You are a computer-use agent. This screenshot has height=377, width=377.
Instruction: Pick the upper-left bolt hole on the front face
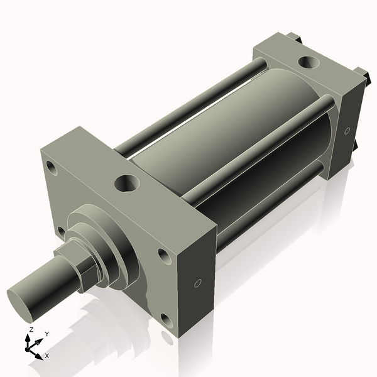[52, 168]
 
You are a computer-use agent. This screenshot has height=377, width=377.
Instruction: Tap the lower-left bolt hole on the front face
[61, 232]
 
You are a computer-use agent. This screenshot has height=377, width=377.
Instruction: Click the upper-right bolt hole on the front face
[163, 256]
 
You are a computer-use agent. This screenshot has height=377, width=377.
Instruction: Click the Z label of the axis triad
[31, 329]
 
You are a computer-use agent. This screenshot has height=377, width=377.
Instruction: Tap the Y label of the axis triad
[47, 334]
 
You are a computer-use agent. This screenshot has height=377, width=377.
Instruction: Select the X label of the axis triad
[46, 356]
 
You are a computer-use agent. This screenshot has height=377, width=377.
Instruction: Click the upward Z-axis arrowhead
[28, 338]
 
